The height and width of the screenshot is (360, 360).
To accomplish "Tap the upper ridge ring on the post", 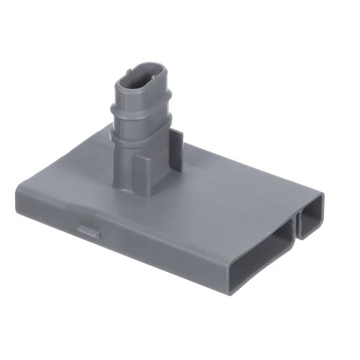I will pos(141,107).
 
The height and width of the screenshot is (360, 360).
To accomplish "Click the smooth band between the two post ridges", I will pos(141,120).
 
